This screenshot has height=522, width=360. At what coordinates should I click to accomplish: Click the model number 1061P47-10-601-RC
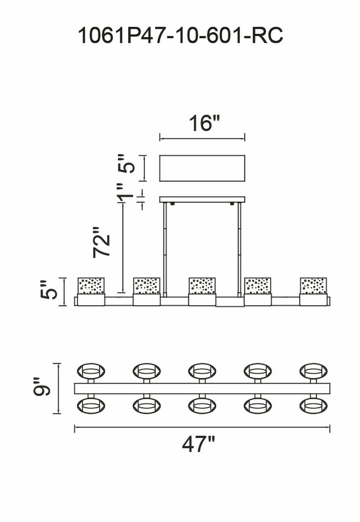(x=180, y=36)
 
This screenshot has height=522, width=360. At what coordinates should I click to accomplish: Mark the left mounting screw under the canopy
(x=172, y=204)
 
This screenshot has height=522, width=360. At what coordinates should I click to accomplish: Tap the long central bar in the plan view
(x=202, y=388)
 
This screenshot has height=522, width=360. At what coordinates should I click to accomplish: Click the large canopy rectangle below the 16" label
(x=202, y=168)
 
